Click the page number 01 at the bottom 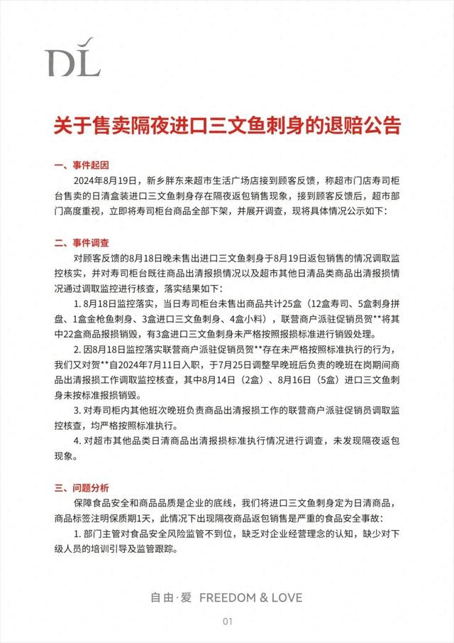(228, 622)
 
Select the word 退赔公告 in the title (361, 126)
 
